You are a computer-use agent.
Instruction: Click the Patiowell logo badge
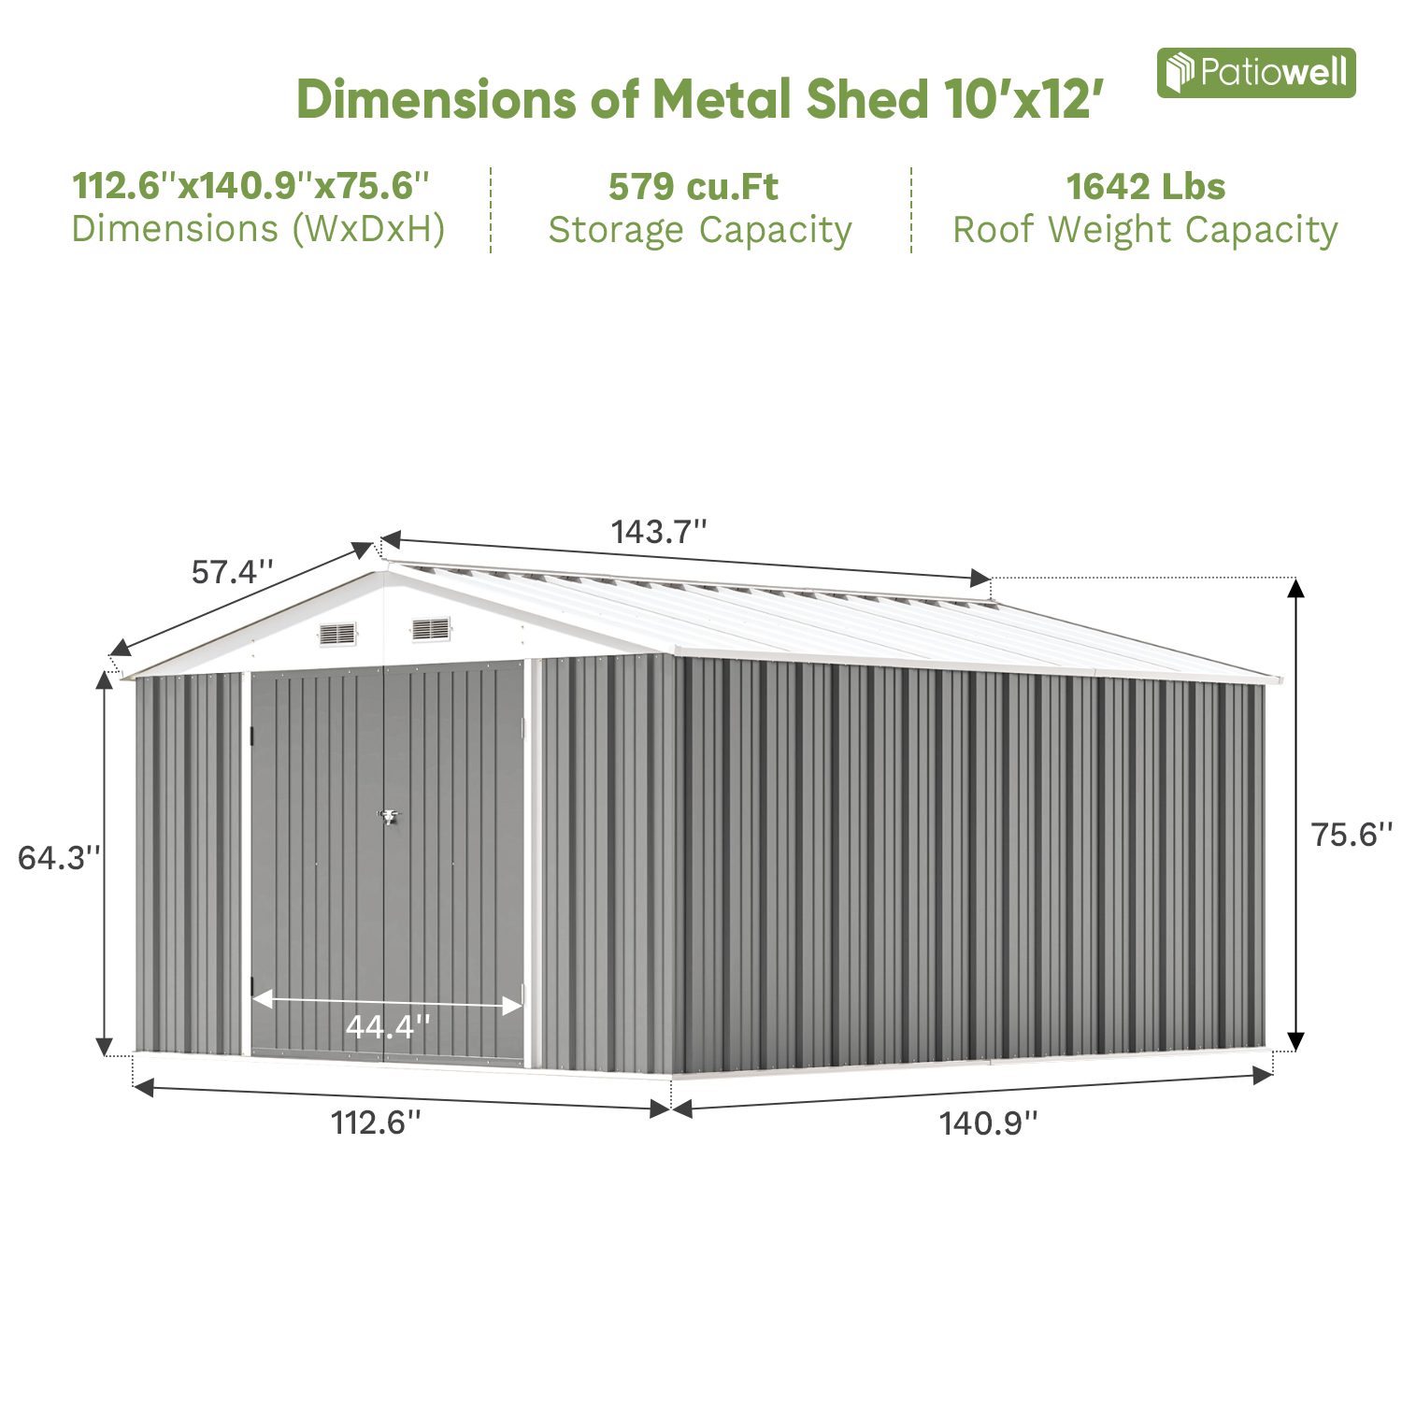coord(1255,73)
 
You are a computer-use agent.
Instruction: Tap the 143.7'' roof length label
coord(658,532)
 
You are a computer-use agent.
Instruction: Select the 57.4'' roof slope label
coord(233,571)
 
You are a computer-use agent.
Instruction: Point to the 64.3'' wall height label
coord(58,857)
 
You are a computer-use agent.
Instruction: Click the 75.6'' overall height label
coord(1351,834)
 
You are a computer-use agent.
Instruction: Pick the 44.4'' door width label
coord(387,1026)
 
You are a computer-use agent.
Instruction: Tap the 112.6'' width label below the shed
coord(376,1122)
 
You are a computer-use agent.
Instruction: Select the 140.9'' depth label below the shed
coord(988,1123)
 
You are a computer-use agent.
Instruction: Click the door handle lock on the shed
coord(387,817)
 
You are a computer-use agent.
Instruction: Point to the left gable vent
coord(337,634)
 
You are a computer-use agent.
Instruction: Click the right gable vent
coord(431,629)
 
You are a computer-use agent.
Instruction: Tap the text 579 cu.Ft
coord(693,187)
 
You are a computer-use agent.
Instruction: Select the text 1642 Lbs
coord(1145,187)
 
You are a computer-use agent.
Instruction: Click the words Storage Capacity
coord(700,230)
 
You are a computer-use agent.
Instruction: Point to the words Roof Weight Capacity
coord(1145,230)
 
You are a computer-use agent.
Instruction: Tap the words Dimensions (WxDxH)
coord(258,229)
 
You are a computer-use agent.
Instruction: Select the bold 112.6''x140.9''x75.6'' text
coord(250,185)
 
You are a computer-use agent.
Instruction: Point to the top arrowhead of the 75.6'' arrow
coord(1295,588)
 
